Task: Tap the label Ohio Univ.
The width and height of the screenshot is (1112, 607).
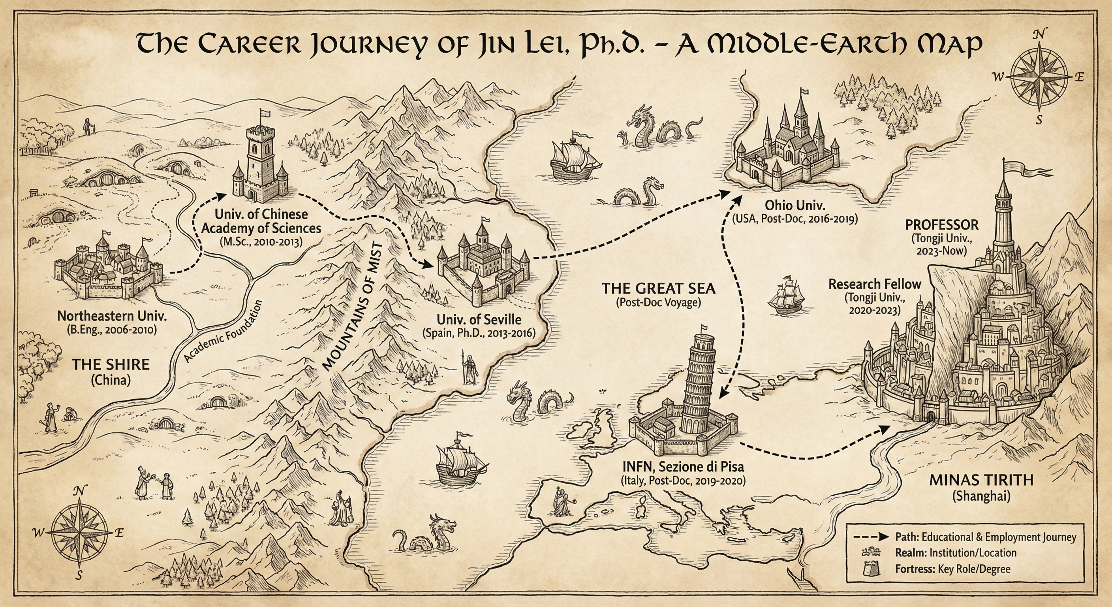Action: point(794,205)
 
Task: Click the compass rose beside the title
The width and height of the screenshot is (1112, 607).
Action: point(1039,77)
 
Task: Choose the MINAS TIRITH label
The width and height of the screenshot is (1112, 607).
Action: point(981,480)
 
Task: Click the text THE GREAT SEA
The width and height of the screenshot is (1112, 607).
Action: point(658,288)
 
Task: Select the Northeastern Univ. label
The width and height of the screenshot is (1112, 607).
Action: point(112,316)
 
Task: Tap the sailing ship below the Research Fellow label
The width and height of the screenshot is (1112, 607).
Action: point(787,295)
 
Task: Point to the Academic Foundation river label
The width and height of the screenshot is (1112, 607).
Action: point(223,332)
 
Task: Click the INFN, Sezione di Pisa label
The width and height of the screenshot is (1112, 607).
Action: point(683,467)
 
